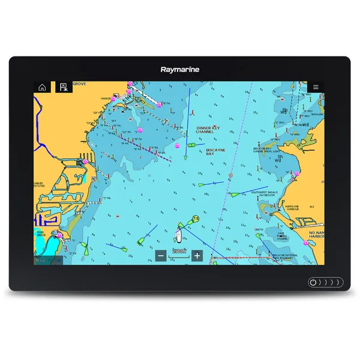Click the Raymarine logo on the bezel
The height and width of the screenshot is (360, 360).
pyautogui.click(x=180, y=69)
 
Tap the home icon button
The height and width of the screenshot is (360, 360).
pyautogui.click(x=42, y=87)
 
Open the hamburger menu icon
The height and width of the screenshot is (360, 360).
pyautogui.click(x=316, y=87)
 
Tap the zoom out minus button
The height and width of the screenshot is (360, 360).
pyautogui.click(x=161, y=256)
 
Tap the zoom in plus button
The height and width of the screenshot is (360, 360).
pyautogui.click(x=197, y=256)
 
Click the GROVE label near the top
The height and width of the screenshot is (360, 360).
pyautogui.click(x=79, y=85)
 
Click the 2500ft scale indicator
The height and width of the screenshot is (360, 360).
pyautogui.click(x=179, y=251)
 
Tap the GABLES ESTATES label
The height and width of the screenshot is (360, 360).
pyautogui.click(x=40, y=185)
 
